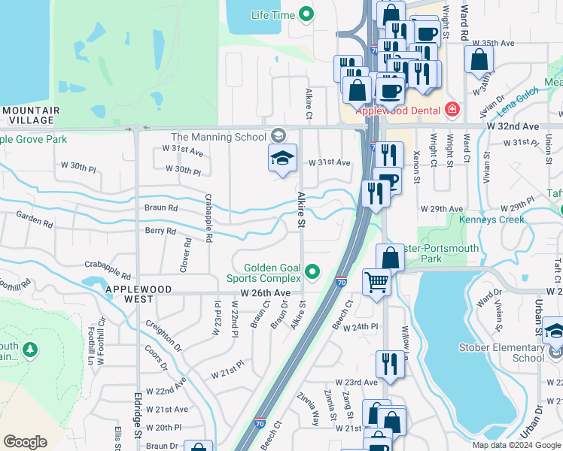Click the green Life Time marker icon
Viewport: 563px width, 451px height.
tap(306, 14)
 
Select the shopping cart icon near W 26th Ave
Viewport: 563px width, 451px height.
tap(377, 283)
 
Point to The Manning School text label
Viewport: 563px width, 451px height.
tap(219, 137)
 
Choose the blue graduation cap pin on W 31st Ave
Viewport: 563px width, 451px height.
tap(282, 159)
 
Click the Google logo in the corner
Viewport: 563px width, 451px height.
tap(26, 442)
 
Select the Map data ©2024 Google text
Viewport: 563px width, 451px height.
tap(517, 445)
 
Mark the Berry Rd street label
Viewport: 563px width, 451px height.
tap(160, 232)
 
